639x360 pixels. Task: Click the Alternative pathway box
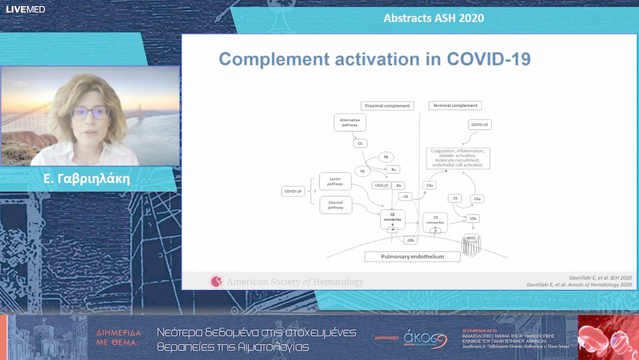350,123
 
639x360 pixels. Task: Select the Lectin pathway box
335,181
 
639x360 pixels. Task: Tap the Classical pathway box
335,205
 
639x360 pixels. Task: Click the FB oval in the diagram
386,157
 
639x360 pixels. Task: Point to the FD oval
362,171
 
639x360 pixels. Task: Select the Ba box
394,169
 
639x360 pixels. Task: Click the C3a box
431,185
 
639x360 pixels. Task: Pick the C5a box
478,199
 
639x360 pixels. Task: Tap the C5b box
472,218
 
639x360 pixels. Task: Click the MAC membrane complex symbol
472,245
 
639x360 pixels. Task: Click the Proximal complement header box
387,105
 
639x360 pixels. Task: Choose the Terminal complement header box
454,105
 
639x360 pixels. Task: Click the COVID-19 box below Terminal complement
480,125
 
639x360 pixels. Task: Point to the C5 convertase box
435,222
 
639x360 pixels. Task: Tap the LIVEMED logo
25,9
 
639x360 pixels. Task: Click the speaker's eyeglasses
89,112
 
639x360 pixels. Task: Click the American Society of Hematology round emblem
217,282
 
